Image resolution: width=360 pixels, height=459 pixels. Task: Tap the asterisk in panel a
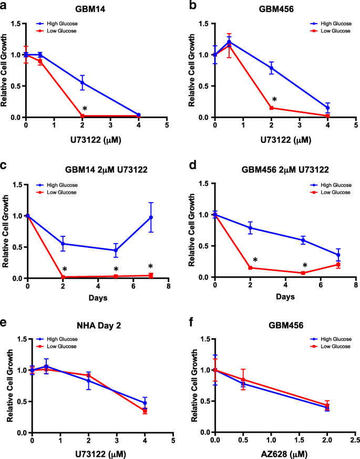85,109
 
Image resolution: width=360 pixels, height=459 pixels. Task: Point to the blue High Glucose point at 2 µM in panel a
82,82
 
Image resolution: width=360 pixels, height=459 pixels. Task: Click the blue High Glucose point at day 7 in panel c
151,217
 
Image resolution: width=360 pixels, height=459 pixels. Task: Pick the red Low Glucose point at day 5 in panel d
303,273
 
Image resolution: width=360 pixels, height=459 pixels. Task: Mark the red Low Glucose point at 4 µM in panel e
145,411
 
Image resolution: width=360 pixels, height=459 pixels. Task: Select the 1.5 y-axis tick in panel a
17,24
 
